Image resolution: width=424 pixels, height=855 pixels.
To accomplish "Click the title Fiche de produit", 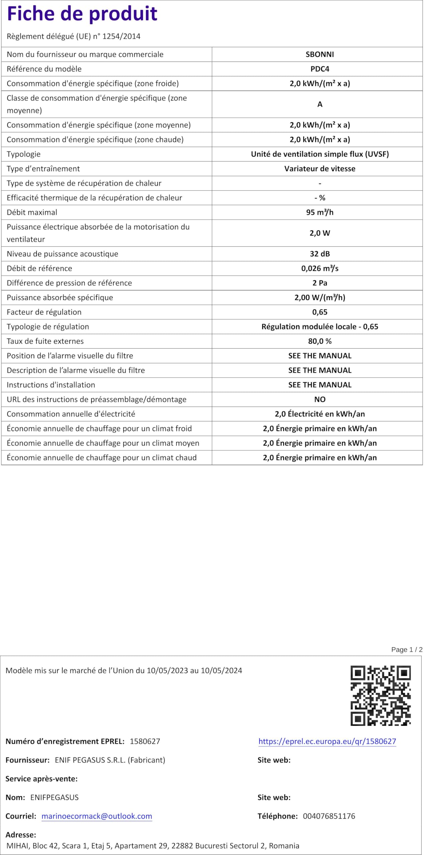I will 82,14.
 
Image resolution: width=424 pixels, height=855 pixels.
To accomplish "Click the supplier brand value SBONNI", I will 319,54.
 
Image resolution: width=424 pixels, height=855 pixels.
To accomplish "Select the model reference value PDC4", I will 319,69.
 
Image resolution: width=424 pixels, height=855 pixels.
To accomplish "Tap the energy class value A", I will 319,105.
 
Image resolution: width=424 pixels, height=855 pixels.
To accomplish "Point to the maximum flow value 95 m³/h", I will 319,212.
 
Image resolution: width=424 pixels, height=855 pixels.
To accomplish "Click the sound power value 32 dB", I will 319,254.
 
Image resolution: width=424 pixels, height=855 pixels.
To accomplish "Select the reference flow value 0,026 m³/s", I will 319,269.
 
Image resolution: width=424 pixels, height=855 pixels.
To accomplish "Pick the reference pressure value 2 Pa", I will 319,283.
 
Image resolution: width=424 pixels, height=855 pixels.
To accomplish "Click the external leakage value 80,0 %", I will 319,341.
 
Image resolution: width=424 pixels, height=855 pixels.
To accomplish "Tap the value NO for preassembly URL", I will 319,399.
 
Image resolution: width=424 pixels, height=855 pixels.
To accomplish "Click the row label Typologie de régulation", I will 48,327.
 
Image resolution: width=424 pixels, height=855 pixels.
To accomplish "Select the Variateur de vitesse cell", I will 319,169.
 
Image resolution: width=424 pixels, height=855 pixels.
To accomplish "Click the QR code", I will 380,695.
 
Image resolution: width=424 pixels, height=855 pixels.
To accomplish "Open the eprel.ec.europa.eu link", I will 327,741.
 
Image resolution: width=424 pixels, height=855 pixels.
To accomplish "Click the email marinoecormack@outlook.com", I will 97,816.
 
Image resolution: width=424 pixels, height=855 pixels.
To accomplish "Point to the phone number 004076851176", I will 329,816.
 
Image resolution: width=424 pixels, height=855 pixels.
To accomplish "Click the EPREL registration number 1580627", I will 145,741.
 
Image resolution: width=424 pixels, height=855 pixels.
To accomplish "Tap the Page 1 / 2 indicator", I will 407,650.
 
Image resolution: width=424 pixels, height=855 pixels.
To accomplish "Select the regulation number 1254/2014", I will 121,36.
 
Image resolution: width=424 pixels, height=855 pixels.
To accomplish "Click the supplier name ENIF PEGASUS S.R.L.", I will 90,760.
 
